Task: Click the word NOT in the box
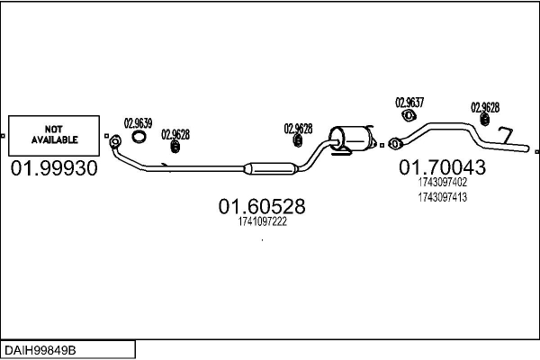point(55,128)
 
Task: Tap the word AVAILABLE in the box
point(55,140)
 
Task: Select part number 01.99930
point(54,169)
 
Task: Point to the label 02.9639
point(138,122)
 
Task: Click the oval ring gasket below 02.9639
point(139,138)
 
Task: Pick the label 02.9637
point(409,103)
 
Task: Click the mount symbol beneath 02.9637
point(409,115)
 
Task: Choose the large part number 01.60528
point(262,207)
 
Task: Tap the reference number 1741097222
point(263,222)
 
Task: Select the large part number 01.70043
point(442,166)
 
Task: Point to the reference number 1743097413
point(443,197)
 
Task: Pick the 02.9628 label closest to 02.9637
point(485,106)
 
